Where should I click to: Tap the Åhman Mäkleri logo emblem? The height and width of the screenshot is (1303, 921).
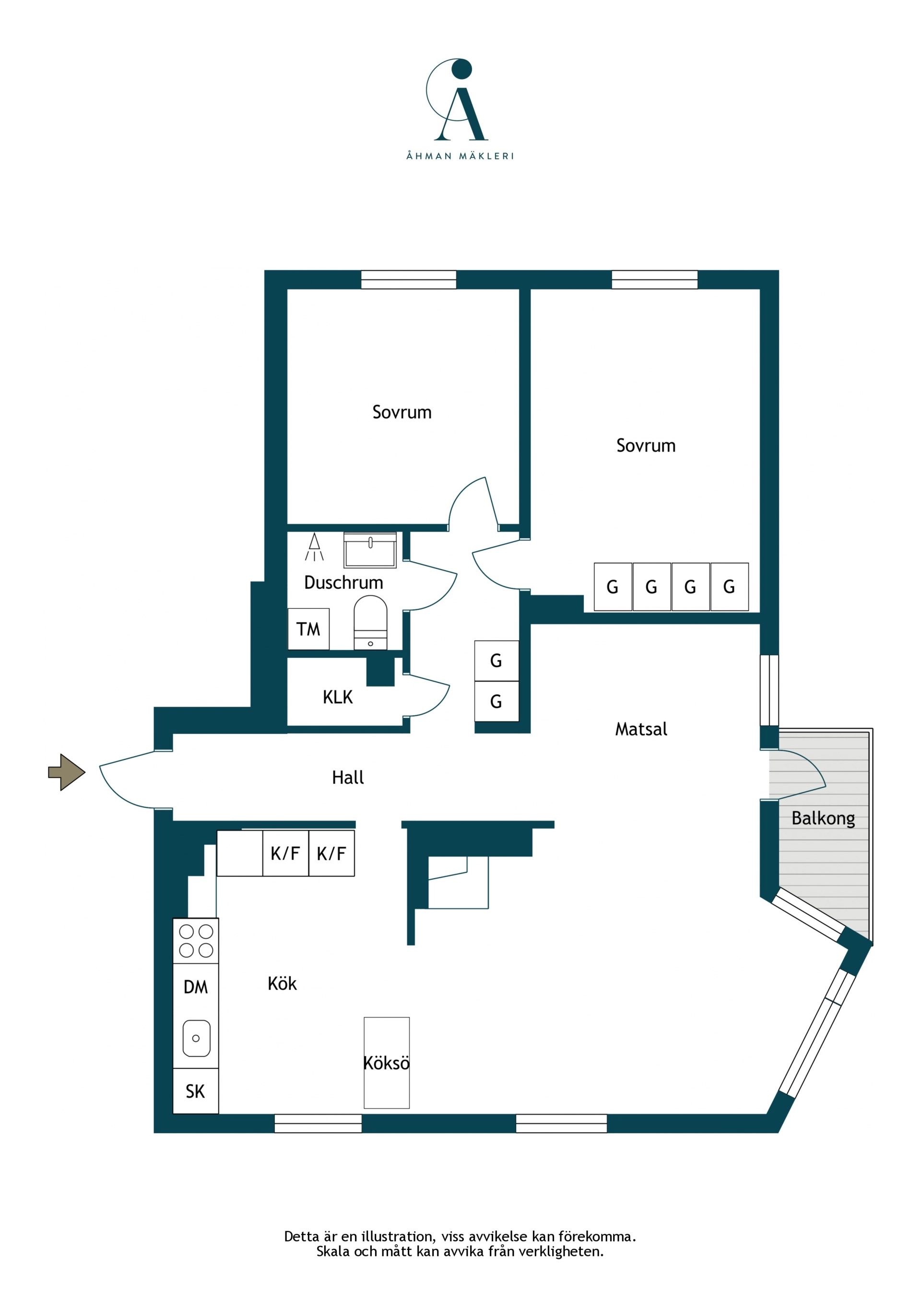(x=457, y=99)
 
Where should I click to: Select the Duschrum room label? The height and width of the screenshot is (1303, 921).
(x=343, y=582)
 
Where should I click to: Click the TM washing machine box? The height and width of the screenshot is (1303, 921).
(x=308, y=629)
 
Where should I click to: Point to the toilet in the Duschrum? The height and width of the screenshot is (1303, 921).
(x=370, y=623)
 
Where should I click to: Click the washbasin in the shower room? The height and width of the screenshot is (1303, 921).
(x=370, y=550)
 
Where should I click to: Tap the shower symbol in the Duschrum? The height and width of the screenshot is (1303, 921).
(x=314, y=547)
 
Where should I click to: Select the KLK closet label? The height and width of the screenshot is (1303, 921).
(x=338, y=697)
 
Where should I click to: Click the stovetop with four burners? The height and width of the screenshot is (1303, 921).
(x=196, y=940)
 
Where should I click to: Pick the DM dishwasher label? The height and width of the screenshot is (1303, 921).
(x=196, y=987)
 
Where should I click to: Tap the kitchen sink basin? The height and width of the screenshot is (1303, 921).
(x=196, y=1038)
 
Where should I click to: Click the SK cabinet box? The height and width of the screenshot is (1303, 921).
(x=196, y=1091)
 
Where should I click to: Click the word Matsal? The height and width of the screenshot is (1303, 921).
(x=641, y=729)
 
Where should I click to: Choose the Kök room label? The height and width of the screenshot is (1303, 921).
(x=282, y=983)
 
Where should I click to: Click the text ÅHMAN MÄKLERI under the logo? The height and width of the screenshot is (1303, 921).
(x=460, y=155)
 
